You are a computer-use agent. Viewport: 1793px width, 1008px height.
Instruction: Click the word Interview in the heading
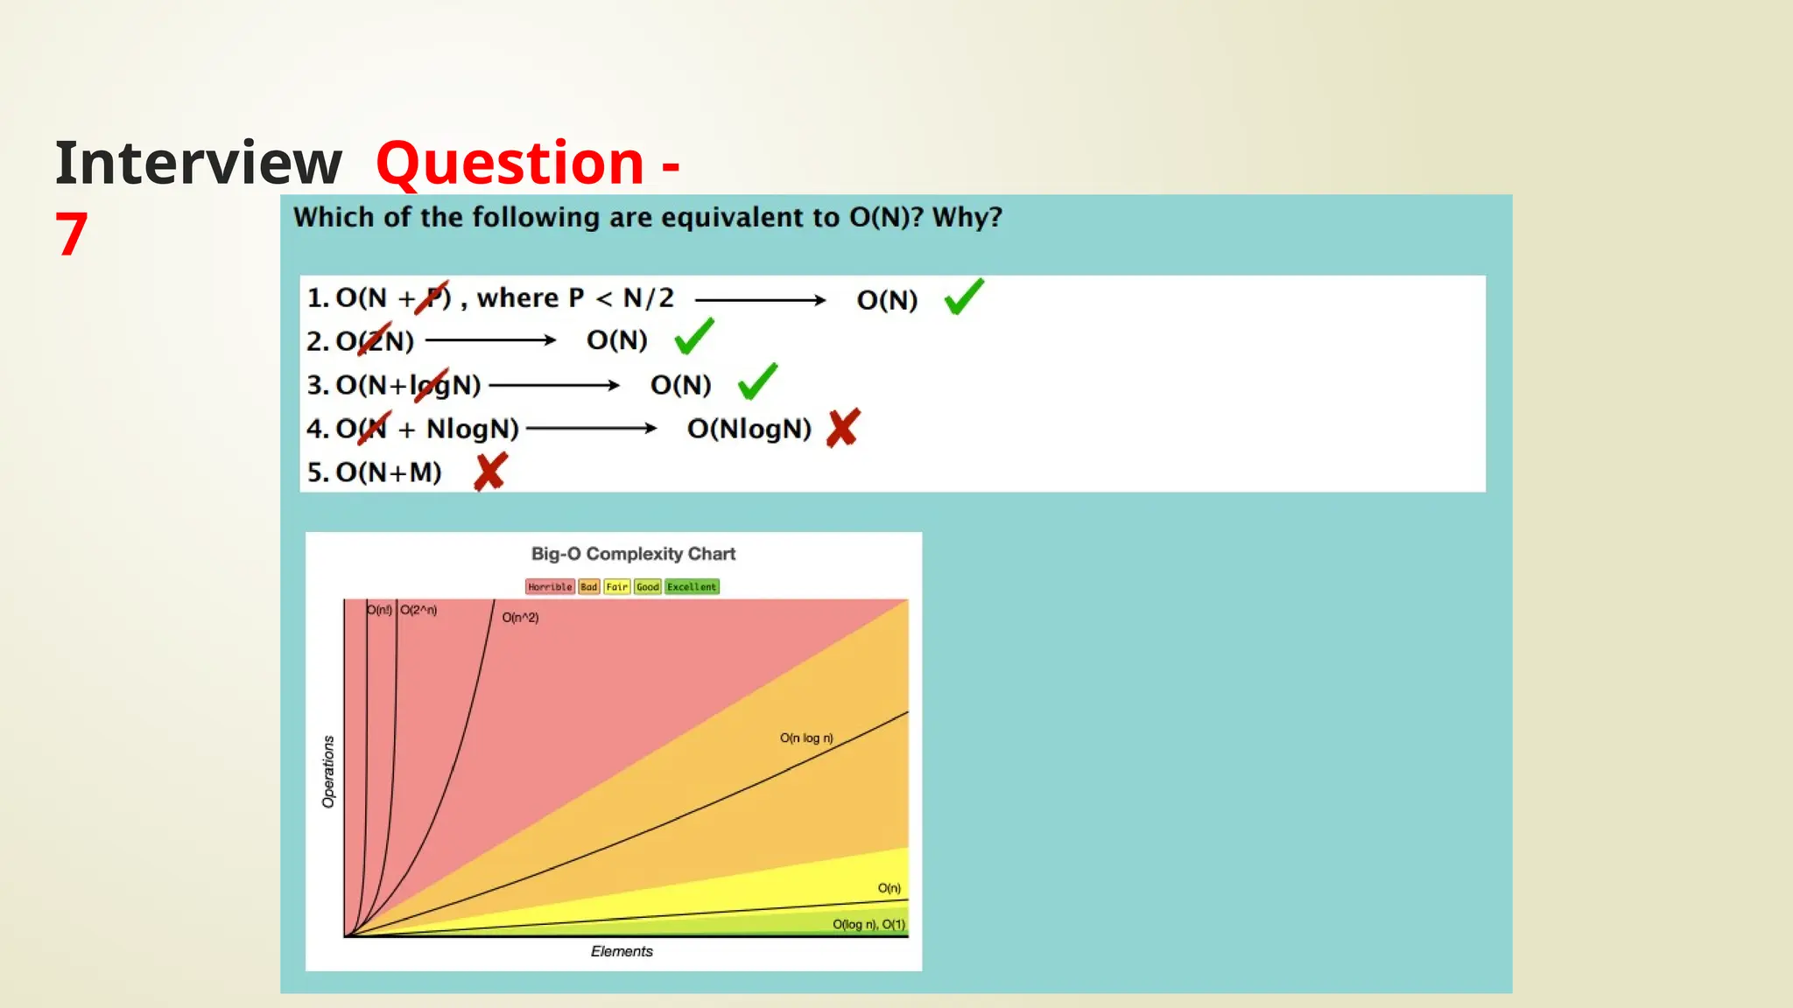pos(199,164)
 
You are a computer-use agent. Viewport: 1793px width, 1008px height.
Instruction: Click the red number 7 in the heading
pos(72,234)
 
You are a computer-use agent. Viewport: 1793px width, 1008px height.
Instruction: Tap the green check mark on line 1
pos(964,297)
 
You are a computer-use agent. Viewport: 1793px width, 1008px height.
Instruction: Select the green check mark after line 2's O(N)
pos(694,338)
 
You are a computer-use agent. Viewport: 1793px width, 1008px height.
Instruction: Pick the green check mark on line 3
pos(757,382)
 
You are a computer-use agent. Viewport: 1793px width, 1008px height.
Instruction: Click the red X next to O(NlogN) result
pos(843,428)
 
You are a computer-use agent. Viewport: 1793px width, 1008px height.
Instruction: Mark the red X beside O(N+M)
pos(490,472)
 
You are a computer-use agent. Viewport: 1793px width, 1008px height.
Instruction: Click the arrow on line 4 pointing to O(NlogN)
pos(591,428)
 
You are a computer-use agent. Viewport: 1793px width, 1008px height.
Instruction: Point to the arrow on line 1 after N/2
pos(760,300)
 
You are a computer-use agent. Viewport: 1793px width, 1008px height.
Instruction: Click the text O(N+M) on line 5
pos(388,472)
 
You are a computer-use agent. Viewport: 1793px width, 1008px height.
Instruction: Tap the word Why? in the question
pos(967,217)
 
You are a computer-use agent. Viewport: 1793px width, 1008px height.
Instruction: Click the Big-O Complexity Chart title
pos(633,554)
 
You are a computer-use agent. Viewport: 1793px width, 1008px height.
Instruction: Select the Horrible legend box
pos(550,587)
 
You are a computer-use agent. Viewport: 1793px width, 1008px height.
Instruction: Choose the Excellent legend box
pos(692,587)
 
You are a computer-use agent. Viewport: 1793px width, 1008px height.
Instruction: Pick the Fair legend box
pos(616,587)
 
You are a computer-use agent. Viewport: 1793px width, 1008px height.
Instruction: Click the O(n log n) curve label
pos(806,738)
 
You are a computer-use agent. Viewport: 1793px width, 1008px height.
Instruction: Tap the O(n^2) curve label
pos(520,618)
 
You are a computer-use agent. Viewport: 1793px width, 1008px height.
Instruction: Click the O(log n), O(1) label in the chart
pos(868,925)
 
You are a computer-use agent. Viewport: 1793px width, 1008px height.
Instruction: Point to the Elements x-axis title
pos(622,951)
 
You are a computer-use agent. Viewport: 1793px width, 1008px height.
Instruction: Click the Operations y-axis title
pos(328,771)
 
